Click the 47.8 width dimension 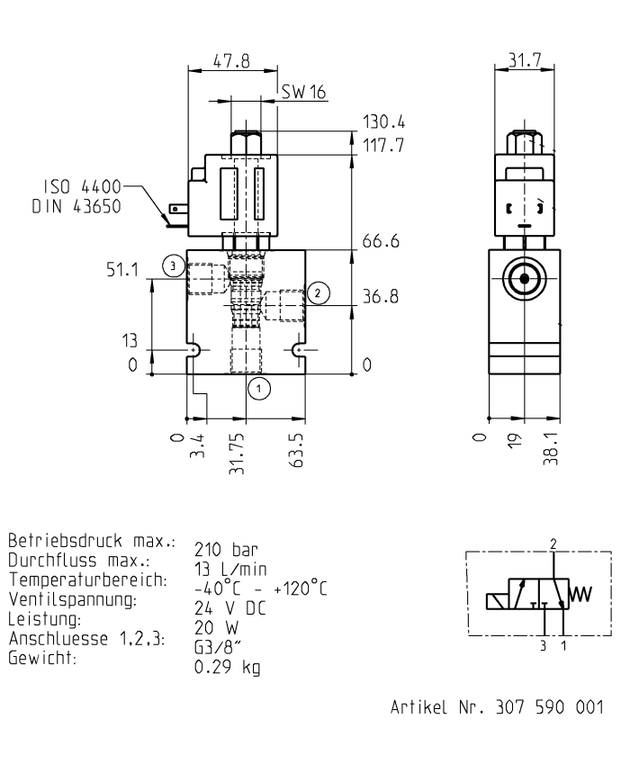click(231, 61)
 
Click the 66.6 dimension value click(381, 242)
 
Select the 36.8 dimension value click(381, 296)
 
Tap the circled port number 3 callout click(173, 265)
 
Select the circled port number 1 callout click(259, 388)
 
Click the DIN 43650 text click(80, 206)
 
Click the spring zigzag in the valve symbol click(582, 595)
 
